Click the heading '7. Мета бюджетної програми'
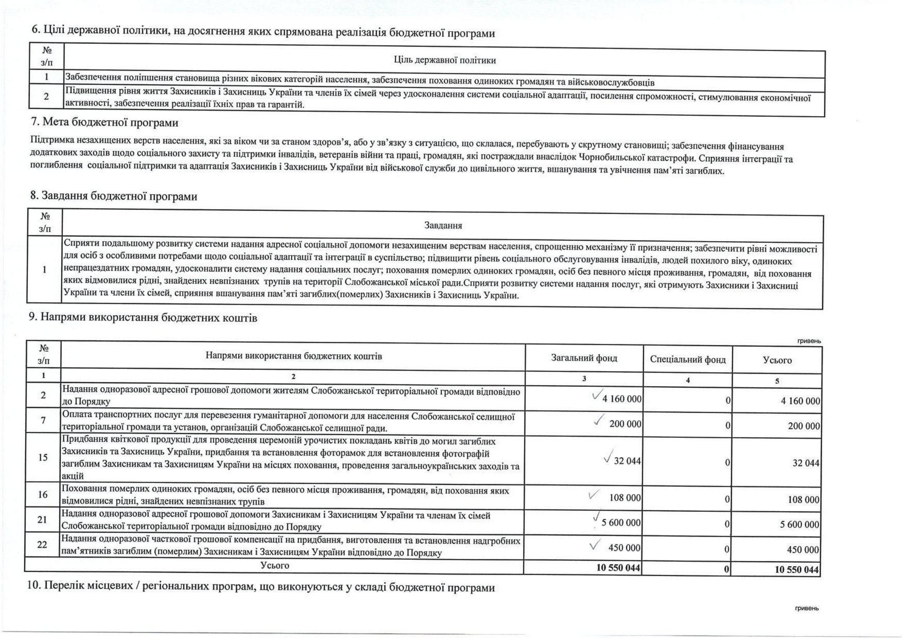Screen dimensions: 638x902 pos(105,123)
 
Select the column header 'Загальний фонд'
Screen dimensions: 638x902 pos(584,358)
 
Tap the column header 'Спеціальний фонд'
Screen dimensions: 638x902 pos(687,360)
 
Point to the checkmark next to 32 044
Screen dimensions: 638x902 pos(607,458)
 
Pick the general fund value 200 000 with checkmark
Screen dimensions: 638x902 pos(625,424)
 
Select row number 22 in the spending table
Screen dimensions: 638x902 pos(42,545)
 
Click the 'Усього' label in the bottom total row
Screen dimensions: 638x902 pos(275,565)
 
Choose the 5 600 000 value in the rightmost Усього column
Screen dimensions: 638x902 pos(799,525)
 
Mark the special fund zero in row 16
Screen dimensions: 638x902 pos(727,499)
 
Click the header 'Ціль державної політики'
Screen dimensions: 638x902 pos(444,61)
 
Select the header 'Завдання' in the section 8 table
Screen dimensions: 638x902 pos(443,226)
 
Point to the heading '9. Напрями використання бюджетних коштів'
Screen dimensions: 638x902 pos(143,318)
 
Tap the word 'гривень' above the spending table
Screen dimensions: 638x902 pos(809,341)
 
